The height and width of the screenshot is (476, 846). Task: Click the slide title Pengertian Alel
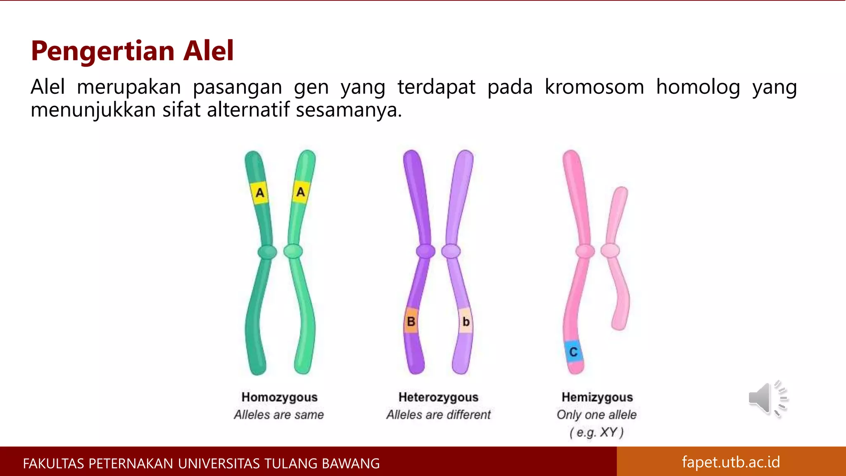coord(132,51)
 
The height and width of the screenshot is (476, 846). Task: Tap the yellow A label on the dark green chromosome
coord(260,193)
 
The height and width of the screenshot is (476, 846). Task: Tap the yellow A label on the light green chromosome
coord(301,192)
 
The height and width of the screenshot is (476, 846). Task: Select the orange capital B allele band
coord(411,321)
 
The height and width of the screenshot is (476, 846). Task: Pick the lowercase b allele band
coord(466,321)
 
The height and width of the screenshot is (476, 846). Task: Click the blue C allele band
coord(573,352)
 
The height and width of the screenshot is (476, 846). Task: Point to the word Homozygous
coord(279,397)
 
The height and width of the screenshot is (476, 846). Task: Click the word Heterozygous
coord(438,397)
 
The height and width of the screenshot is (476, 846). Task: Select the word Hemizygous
coord(597,397)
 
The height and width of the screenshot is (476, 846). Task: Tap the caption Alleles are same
coord(279,414)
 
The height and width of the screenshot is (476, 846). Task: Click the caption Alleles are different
coord(438,414)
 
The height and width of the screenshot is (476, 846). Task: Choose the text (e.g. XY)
coord(596,432)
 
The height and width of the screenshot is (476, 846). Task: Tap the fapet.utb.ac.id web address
coord(731,462)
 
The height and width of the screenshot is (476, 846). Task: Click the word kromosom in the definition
coord(594,87)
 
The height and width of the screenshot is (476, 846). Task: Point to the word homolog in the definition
coord(698,87)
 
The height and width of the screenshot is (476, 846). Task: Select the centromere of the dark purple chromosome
coord(425,251)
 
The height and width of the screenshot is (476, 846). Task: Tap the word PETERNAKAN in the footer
coord(131,464)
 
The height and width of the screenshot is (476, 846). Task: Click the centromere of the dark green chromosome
coord(267,251)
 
